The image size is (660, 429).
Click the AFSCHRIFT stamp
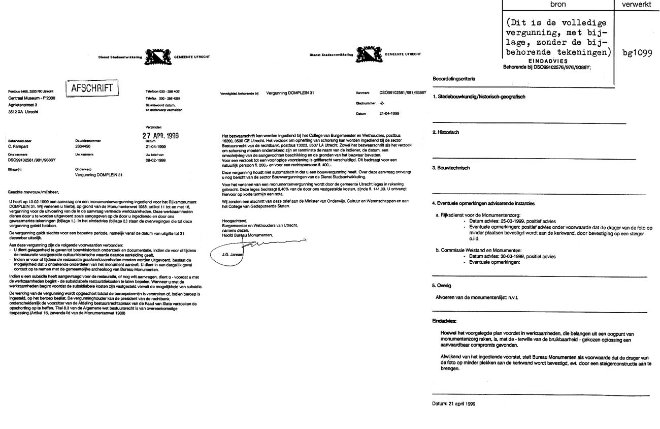92,88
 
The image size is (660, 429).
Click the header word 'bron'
557,4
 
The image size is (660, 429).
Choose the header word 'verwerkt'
637,4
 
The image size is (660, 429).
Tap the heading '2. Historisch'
446,132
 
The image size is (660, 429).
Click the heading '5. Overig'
442,286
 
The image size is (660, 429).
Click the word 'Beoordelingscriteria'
454,79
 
